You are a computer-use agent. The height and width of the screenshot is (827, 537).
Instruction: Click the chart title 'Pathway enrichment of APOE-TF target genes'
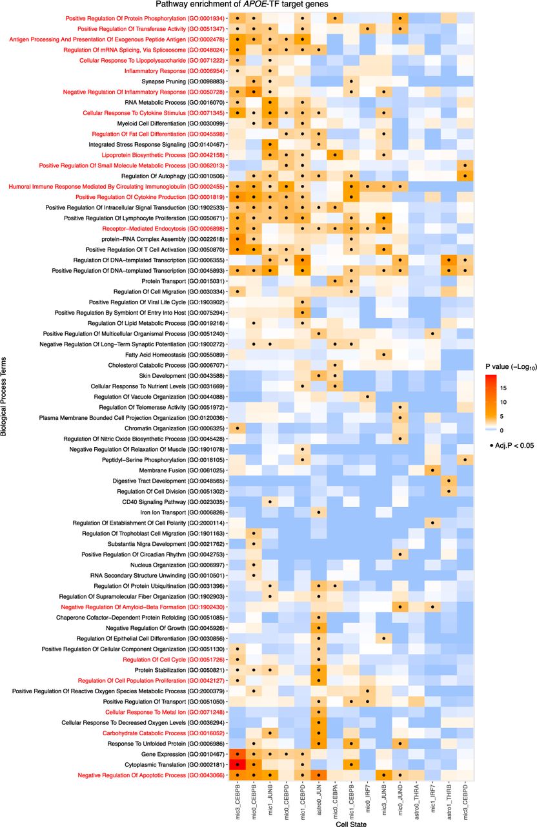[x=242, y=5]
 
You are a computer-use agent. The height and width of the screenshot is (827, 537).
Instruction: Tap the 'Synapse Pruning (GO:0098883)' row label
[x=183, y=81]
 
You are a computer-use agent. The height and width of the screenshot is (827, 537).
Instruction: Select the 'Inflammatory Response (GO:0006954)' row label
[x=174, y=71]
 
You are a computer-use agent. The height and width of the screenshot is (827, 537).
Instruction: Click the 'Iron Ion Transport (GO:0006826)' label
[x=182, y=512]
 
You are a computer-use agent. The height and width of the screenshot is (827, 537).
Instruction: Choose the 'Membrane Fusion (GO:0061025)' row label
[x=181, y=470]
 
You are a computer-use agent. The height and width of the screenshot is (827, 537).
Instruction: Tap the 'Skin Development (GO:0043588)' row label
[x=181, y=376]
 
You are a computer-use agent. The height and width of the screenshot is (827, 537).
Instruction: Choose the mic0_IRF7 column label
[x=368, y=799]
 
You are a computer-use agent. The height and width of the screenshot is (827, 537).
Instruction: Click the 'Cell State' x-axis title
[x=351, y=823]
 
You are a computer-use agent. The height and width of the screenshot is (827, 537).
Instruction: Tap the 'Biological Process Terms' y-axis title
[x=4, y=397]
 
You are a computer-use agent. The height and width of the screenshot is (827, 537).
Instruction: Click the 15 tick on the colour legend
[x=503, y=388]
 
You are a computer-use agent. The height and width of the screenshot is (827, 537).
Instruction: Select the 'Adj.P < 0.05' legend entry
[x=512, y=446]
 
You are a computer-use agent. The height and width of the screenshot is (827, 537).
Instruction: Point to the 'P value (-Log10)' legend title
[x=511, y=367]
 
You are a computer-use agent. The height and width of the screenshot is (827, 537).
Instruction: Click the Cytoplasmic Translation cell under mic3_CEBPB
[x=238, y=764]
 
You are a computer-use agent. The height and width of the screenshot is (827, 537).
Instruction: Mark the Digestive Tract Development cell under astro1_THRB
[x=449, y=481]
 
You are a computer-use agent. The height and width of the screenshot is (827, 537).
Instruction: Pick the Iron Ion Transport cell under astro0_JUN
[x=319, y=512]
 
